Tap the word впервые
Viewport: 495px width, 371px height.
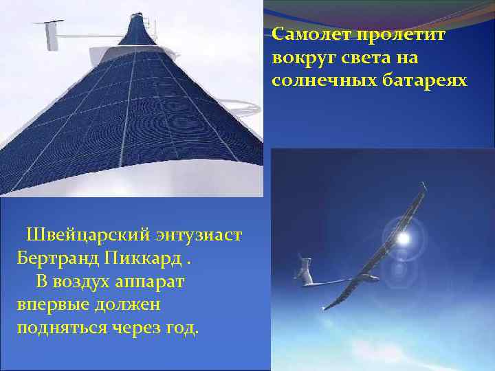point(49,304)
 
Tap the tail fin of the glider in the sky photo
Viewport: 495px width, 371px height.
point(303,263)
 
